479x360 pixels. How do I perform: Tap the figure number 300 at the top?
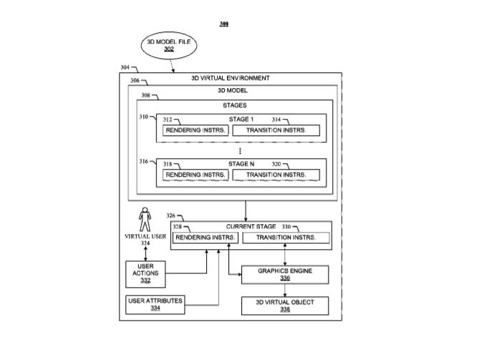tap(224, 24)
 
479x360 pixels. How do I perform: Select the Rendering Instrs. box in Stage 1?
tap(196, 130)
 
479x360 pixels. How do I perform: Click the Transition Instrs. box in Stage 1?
tap(276, 130)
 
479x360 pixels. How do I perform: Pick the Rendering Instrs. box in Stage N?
tap(196, 175)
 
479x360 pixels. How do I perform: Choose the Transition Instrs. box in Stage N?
tap(276, 175)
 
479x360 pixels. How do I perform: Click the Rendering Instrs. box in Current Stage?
tap(205, 238)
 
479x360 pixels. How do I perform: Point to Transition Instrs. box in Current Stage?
tap(286, 238)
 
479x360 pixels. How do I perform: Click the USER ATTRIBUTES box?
tap(155, 303)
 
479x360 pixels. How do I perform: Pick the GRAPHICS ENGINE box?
tap(286, 273)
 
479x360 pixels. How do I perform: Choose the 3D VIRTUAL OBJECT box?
tap(286, 306)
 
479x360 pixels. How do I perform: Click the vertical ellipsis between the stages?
tap(240, 152)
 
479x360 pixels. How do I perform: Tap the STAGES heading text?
tap(234, 105)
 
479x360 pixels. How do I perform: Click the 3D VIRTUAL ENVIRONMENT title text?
tap(230, 77)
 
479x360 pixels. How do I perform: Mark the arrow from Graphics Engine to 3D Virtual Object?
tap(286, 289)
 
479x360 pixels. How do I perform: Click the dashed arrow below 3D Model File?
tap(173, 65)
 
